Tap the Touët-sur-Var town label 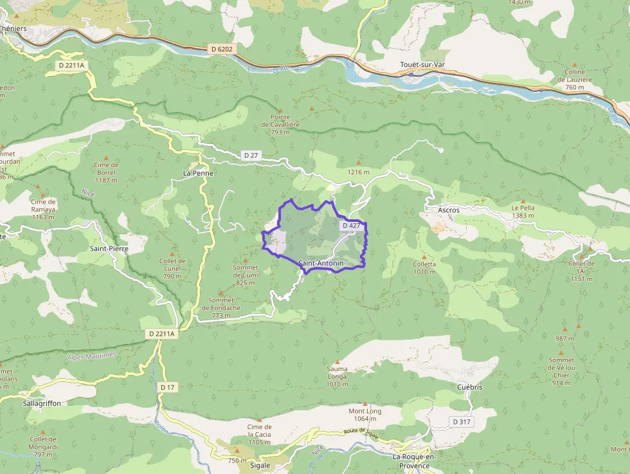[x=422, y=65]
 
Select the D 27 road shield [x=251, y=156]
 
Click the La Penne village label [x=198, y=173]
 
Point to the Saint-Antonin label [x=321, y=264]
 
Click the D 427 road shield [x=351, y=226]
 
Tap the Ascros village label [x=448, y=210]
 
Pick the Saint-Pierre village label [x=109, y=248]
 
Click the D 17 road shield [x=168, y=387]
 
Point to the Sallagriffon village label [x=42, y=403]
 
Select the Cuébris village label [x=469, y=387]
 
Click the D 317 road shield [x=461, y=422]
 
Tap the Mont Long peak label [x=364, y=415]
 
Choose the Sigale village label [x=260, y=465]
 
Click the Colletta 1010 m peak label [x=424, y=268]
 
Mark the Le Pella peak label [x=523, y=212]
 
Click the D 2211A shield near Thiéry [x=71, y=65]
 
